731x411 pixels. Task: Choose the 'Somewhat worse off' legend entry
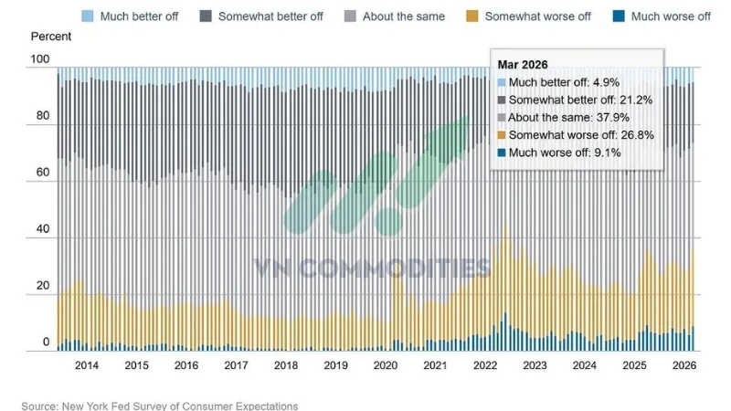535,16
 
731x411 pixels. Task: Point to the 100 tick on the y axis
39,60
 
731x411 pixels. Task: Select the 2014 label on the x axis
87,365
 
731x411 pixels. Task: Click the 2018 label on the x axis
285,365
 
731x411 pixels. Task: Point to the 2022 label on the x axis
483,365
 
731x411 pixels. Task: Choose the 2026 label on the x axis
682,365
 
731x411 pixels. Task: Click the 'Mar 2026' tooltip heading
524,66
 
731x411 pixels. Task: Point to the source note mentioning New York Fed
160,406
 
